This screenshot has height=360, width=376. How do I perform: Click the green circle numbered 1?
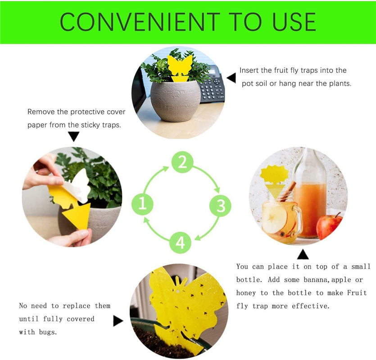tap(142, 204)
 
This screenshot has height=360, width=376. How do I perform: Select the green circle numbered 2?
tap(182, 162)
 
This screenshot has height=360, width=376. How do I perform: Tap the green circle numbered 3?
tap(220, 205)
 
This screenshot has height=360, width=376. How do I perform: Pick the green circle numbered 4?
tap(180, 243)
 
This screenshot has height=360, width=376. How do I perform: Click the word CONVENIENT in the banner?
tap(140, 22)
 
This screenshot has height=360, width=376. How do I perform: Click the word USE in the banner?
tap(294, 22)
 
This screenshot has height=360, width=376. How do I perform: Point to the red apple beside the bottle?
tap(329, 226)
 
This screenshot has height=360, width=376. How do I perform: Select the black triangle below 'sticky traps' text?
tap(73, 136)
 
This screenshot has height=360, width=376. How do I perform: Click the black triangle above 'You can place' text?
tap(303, 254)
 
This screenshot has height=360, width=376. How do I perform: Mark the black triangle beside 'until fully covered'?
tap(118, 321)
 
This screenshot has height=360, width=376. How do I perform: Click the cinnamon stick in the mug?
tap(288, 191)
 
